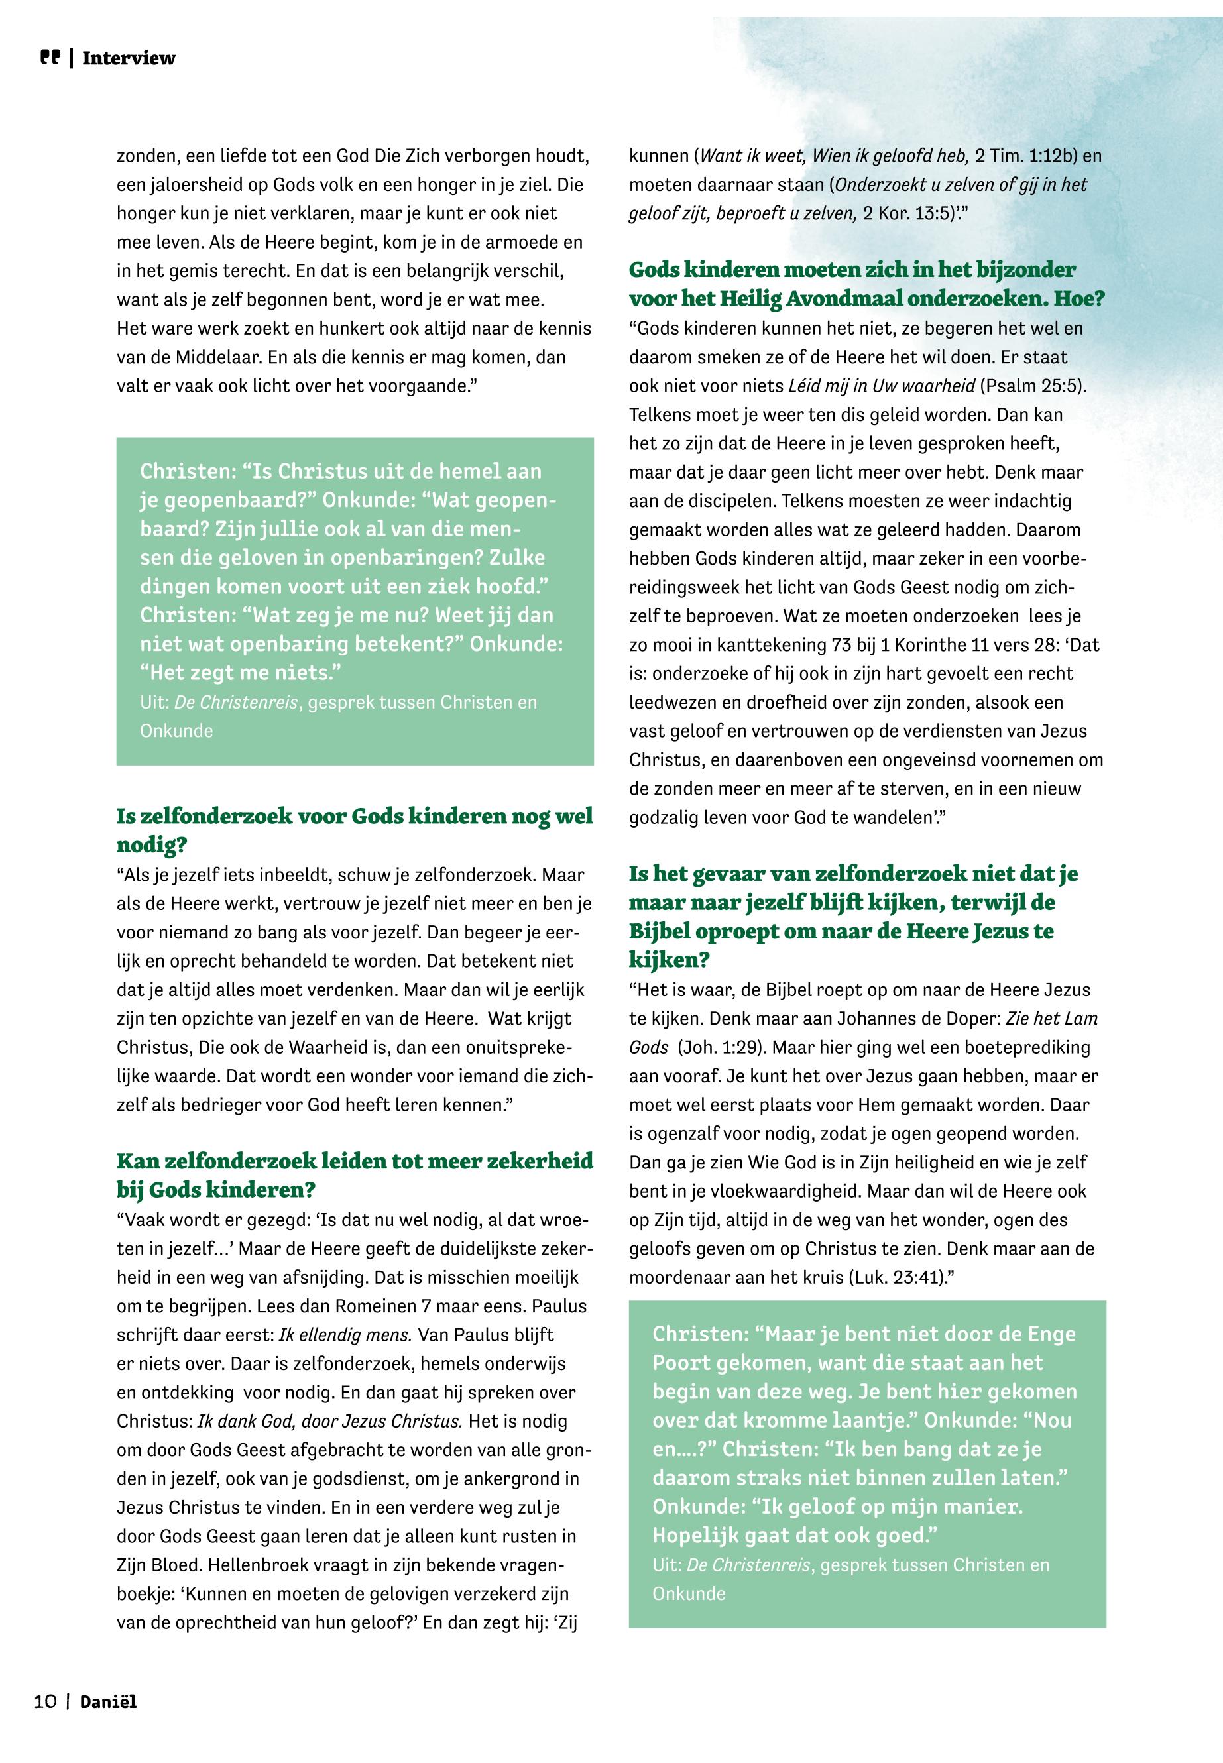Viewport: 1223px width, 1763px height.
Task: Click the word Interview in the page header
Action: click(x=129, y=58)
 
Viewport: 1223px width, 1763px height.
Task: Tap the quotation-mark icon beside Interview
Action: click(x=50, y=58)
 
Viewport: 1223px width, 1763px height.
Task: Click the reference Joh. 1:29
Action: click(x=718, y=1047)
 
